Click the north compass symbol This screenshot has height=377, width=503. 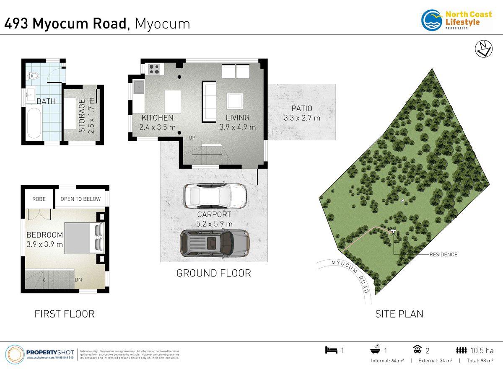coord(484,49)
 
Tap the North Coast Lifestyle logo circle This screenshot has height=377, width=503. coord(432,20)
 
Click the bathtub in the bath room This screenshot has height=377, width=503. coord(34,123)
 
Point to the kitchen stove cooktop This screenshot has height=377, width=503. coord(154,69)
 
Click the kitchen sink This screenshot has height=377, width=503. coord(138,87)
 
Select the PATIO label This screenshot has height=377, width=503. coord(302,108)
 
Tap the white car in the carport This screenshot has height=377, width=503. coord(215,196)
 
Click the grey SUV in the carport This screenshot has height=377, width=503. coord(215,243)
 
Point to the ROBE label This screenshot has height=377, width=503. coord(39,199)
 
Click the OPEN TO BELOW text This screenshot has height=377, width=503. coord(80,199)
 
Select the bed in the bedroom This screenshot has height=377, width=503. coord(85,238)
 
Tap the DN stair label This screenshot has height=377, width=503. coord(78,280)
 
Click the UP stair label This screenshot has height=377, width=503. coord(192,138)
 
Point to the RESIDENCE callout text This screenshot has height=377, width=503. coord(443,255)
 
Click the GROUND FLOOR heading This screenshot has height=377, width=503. coord(214,273)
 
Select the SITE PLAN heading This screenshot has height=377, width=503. coord(399,314)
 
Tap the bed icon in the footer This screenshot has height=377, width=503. coord(331,350)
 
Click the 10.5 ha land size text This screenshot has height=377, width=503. coord(482,351)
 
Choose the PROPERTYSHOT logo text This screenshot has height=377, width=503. coord(50,352)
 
